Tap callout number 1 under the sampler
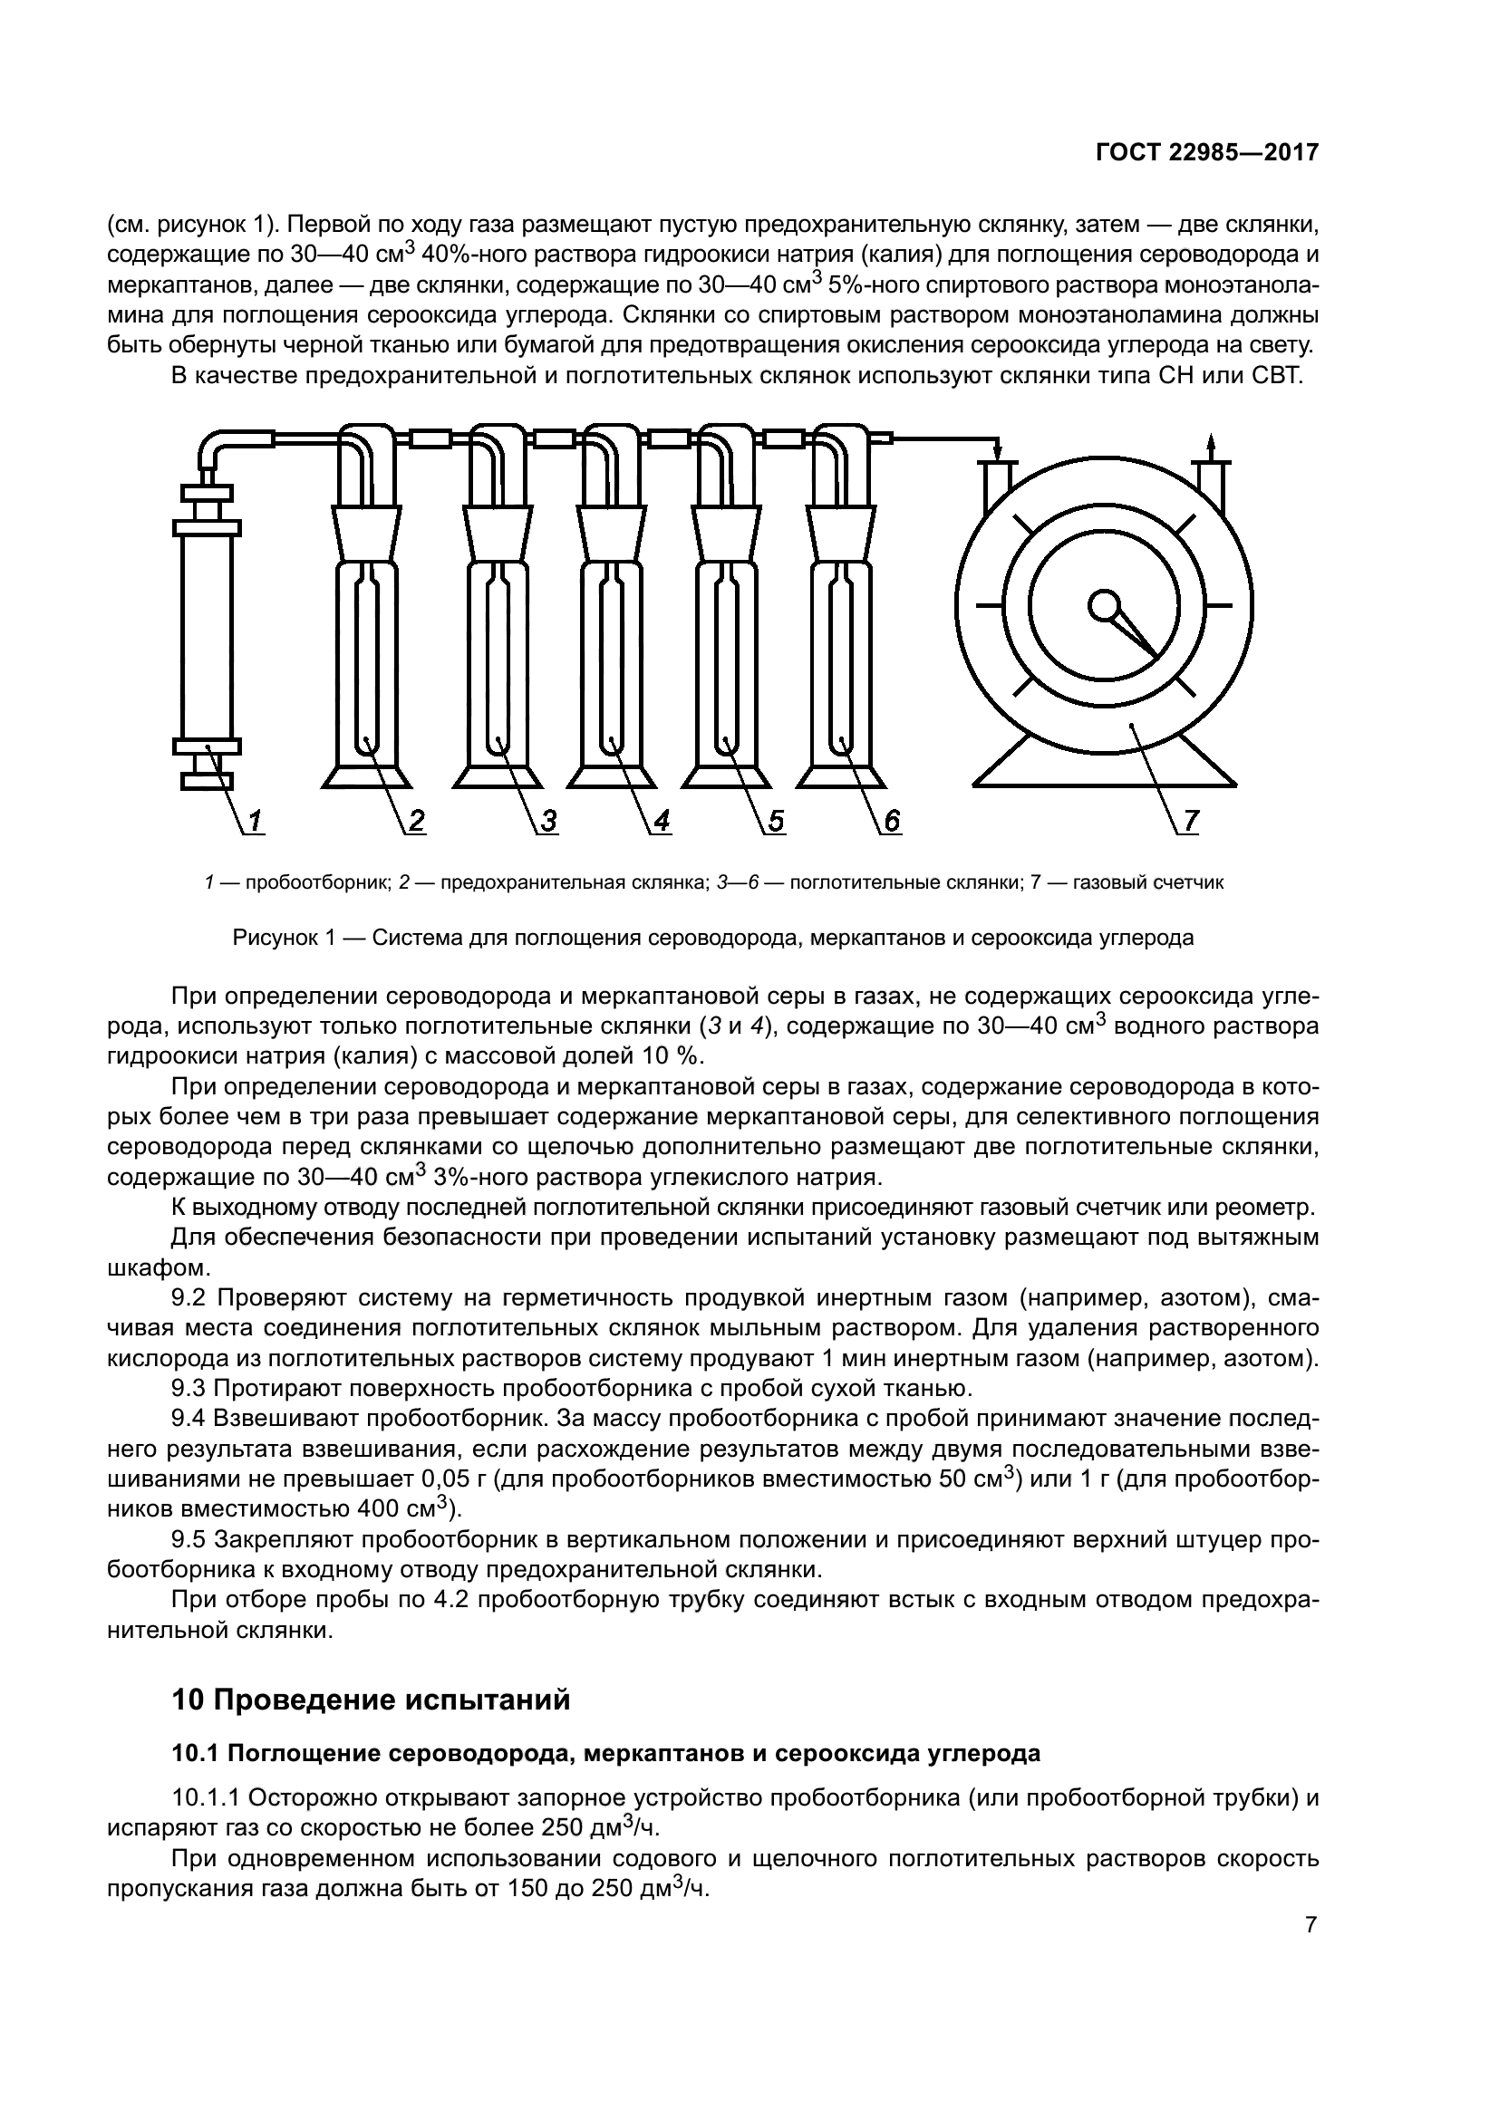255,820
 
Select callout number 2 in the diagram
416,820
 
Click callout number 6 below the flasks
891,820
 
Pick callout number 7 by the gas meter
1190,820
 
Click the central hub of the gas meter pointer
1102,604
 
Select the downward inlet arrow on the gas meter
998,452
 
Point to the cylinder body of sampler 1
207,637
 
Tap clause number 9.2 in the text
192,1298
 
